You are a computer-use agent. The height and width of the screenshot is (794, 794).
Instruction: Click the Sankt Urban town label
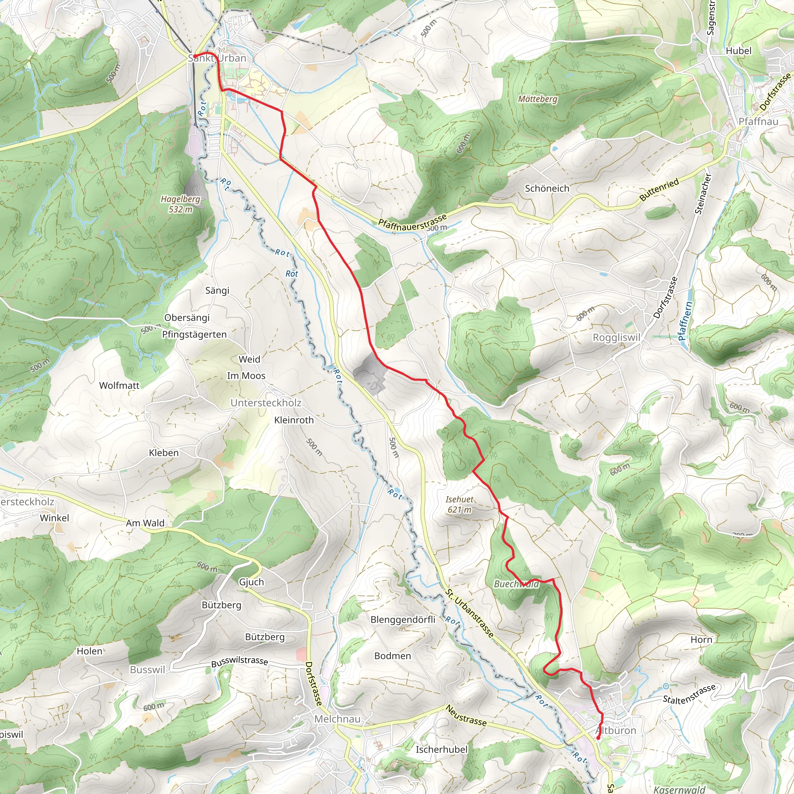click(217, 58)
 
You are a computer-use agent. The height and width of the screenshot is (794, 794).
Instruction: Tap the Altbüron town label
click(615, 730)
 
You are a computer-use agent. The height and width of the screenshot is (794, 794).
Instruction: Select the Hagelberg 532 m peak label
click(180, 204)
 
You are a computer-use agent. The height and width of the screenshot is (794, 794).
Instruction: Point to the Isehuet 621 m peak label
click(459, 504)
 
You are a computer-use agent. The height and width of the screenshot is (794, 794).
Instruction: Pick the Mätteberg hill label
click(538, 99)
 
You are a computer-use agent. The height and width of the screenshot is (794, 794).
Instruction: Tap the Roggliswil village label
click(616, 337)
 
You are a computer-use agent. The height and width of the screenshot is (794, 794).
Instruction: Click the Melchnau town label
click(337, 719)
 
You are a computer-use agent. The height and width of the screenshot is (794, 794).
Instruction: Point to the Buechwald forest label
click(516, 584)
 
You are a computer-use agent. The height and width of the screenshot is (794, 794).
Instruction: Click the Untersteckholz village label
click(266, 403)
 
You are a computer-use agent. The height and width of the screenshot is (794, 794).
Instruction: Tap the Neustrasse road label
click(466, 716)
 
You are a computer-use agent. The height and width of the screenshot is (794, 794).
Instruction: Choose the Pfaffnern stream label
click(685, 321)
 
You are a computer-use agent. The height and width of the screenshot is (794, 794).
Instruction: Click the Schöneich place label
click(547, 188)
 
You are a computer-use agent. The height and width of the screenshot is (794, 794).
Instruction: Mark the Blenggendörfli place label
click(403, 619)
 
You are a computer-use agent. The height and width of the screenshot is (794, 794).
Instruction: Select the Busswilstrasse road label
click(240, 662)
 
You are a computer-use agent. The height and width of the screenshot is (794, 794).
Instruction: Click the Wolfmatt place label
click(119, 385)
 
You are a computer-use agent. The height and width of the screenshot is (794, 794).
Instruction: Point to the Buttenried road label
click(659, 190)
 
